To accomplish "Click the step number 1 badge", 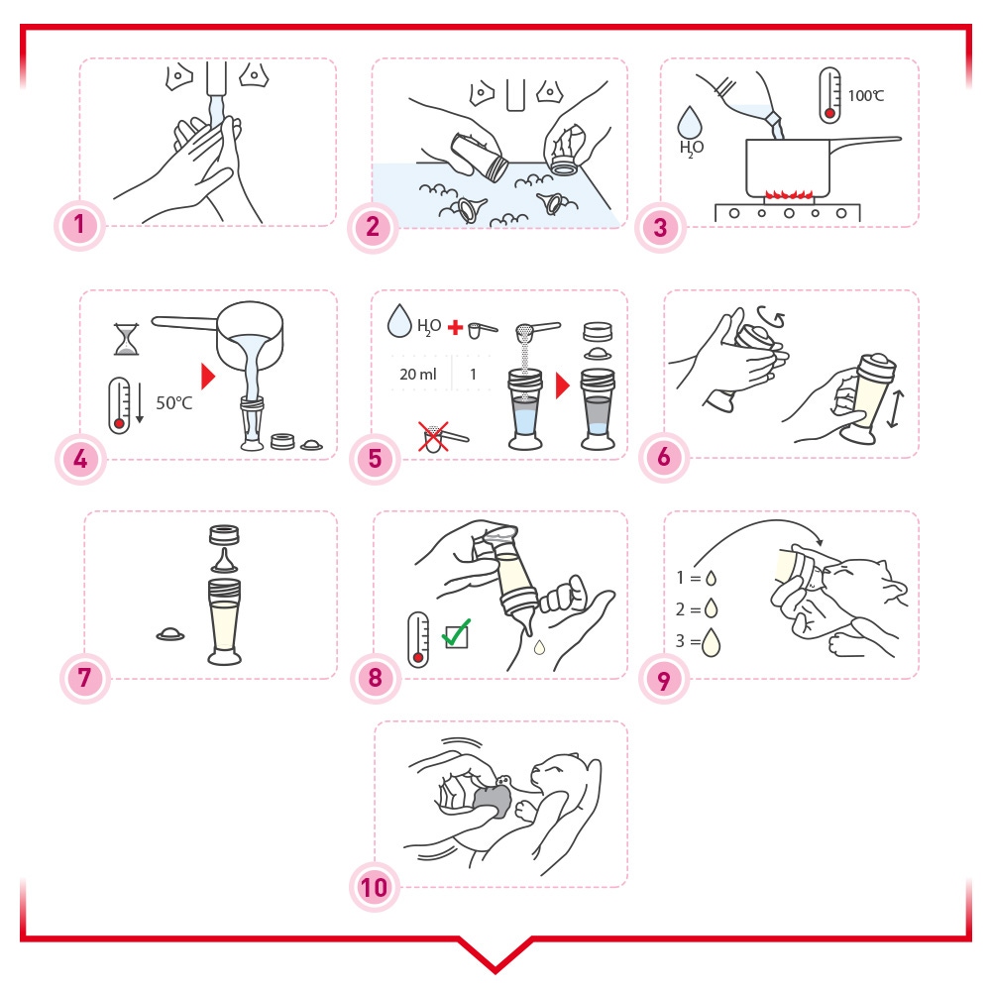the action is [x=79, y=225].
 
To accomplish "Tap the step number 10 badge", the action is [x=375, y=887].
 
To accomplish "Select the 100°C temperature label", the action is [x=865, y=96].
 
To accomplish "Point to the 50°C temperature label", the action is [x=173, y=402].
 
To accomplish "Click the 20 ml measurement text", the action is [x=418, y=375].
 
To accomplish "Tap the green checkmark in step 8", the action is [x=457, y=632].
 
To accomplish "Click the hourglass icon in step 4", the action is [x=127, y=339].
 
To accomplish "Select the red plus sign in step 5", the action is [x=455, y=327].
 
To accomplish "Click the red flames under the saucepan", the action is [x=789, y=193].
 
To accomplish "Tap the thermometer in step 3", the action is [x=829, y=95].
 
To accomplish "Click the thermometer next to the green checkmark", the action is [x=418, y=639].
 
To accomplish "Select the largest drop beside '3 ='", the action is [x=711, y=642].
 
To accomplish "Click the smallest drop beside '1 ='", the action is [x=711, y=578].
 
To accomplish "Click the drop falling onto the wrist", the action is [x=539, y=647].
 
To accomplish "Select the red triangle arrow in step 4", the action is [x=208, y=376].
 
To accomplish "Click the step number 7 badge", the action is [x=84, y=678].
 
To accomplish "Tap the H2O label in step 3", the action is [x=691, y=149].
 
